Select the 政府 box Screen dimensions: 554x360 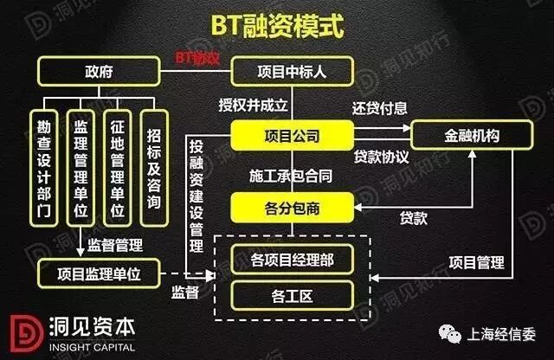[97, 70]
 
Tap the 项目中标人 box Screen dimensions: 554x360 [292, 71]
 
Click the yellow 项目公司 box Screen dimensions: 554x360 [292, 137]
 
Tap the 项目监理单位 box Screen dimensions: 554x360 [98, 274]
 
